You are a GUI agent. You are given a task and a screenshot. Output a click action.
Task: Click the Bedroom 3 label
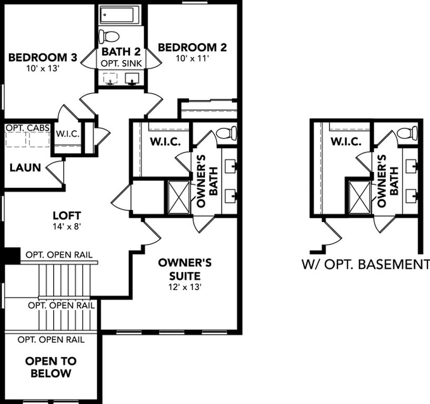[x=43, y=57]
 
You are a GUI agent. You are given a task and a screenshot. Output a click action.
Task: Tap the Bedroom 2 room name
[x=193, y=47]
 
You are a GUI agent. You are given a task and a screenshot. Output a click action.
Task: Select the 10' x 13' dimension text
[x=43, y=68]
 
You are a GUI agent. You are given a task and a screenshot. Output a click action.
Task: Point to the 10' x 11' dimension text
[x=193, y=58]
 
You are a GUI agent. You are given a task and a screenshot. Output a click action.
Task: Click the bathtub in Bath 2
[x=117, y=15]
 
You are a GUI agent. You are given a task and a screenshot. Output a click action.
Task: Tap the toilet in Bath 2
[x=109, y=36]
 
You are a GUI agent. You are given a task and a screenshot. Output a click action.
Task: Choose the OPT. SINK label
[x=121, y=63]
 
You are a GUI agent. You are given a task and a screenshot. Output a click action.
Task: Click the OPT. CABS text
[x=28, y=128]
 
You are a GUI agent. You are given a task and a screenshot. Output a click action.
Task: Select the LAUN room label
[x=25, y=167]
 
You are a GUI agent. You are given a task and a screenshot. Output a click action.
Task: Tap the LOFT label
[x=67, y=216]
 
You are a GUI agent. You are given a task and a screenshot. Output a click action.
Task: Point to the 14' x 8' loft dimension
[x=67, y=226]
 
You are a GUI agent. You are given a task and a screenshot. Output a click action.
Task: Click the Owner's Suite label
[x=185, y=269]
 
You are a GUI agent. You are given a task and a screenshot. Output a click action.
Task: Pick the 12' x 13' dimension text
[x=185, y=287]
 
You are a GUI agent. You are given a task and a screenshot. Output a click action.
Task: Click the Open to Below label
[x=51, y=367]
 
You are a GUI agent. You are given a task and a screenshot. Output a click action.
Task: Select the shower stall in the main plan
[x=179, y=197]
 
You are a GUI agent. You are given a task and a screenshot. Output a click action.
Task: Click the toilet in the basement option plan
[x=407, y=133]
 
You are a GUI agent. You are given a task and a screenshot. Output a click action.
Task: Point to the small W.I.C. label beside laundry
[x=68, y=134]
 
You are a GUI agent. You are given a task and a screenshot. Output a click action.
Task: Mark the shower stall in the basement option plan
[x=359, y=197]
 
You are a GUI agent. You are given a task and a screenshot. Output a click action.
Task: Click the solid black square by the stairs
[x=11, y=256]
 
